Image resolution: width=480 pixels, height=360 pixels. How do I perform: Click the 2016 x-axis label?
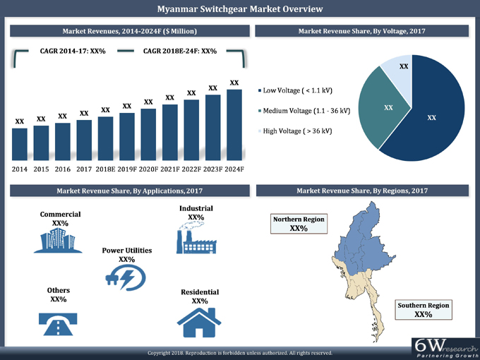(x=62, y=169)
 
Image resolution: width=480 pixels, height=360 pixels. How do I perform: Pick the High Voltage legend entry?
(x=296, y=131)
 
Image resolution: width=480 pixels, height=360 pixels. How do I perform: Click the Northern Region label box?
(x=299, y=224)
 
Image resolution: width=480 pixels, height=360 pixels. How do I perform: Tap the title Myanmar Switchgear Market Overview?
(x=240, y=9)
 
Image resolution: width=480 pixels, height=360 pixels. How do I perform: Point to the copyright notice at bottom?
(x=239, y=352)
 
